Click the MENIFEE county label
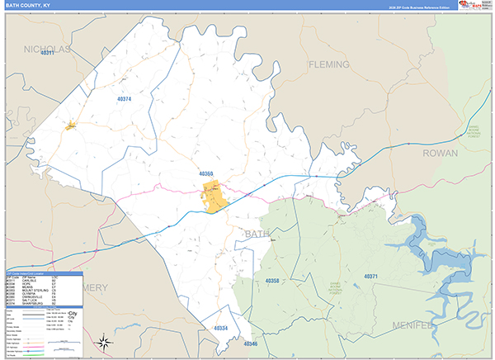coord(459,325)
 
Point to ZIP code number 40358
coord(273,281)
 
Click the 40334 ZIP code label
coord(220,329)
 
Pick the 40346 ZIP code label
coord(251,343)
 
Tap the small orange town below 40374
coord(72,126)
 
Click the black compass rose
coord(104,341)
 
